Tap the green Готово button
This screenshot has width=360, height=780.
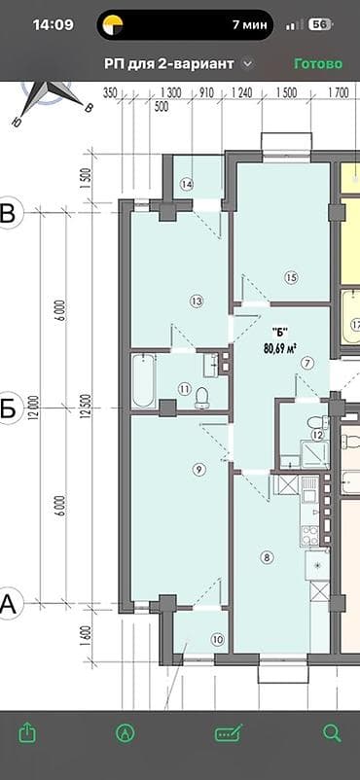[x=318, y=63]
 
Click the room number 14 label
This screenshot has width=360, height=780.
[x=187, y=185]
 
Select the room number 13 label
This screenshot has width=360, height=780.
[x=197, y=301]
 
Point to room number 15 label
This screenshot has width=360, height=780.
[x=290, y=278]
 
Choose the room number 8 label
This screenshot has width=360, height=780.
[x=268, y=556]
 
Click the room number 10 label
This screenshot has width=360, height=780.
[x=216, y=639]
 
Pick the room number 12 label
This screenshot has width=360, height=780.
[x=317, y=434]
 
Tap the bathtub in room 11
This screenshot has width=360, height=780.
[x=143, y=381]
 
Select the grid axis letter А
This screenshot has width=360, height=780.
[x=9, y=605]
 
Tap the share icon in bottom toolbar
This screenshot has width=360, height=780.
[x=27, y=731]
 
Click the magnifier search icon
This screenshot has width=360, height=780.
[x=332, y=731]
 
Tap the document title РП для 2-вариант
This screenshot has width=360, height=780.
[x=169, y=63]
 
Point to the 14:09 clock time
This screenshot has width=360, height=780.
[x=54, y=24]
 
